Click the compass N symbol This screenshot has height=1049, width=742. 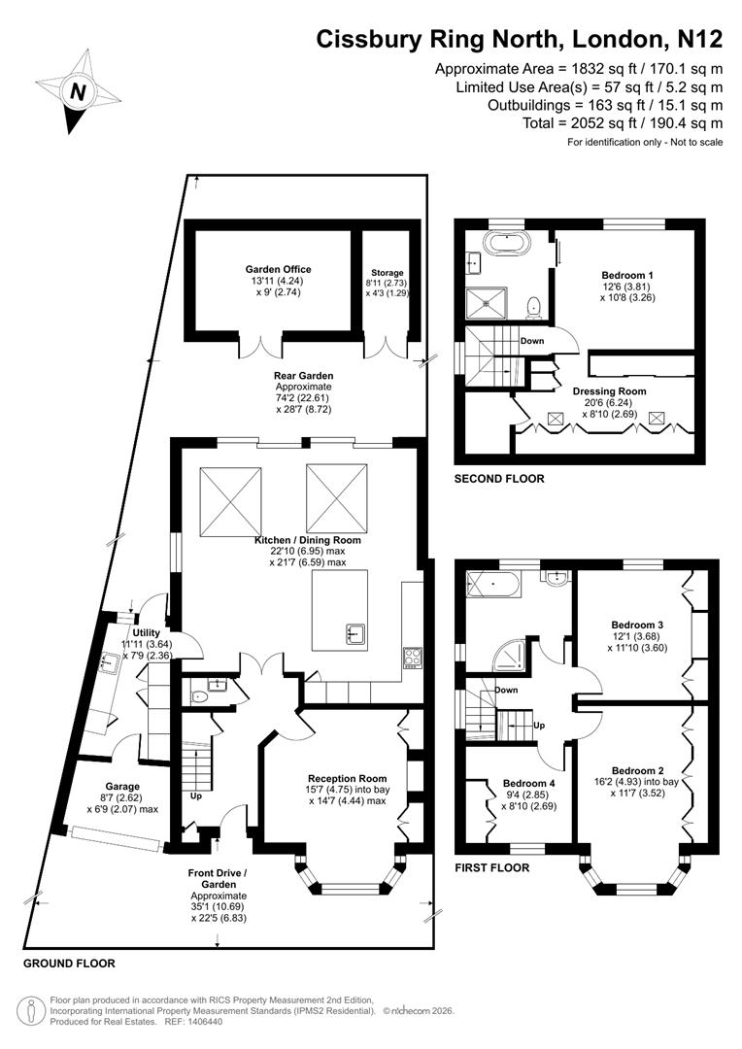point(76,93)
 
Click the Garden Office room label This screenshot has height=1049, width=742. point(278,270)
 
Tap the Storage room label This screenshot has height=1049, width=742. point(387,273)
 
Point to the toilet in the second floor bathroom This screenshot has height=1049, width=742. point(532,307)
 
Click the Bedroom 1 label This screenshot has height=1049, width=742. point(627,275)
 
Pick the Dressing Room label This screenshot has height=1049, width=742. point(609,391)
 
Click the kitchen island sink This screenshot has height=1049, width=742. point(355,635)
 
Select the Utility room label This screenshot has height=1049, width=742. point(132,631)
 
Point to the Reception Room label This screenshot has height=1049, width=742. point(347,778)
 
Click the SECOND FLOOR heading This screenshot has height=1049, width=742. point(499,479)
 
